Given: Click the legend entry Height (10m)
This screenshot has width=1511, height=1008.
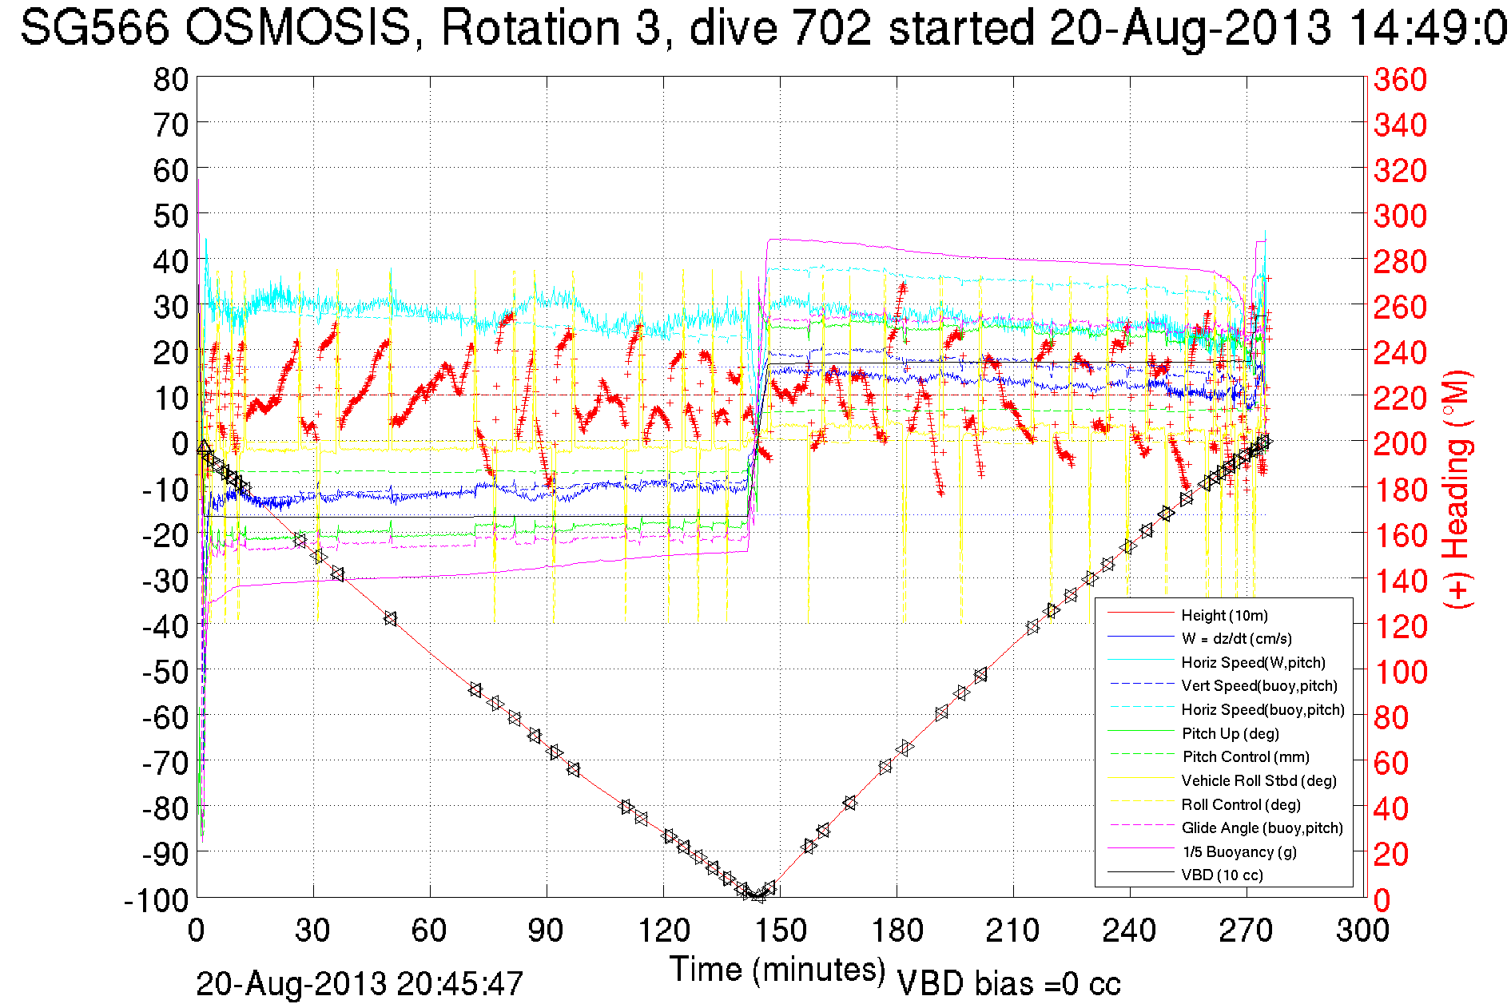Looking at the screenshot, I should pos(1224,615).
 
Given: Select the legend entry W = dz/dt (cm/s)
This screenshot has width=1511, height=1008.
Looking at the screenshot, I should pos(1236,638).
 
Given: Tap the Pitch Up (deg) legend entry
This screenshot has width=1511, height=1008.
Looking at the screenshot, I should pos(1230,733).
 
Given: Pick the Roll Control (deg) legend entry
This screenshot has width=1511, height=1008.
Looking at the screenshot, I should pos(1241,804).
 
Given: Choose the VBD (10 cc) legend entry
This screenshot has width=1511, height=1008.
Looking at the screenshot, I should pos(1222,875).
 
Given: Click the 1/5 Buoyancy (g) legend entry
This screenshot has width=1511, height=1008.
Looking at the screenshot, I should pos(1239,851).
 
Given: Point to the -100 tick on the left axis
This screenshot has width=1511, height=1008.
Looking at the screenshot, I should pos(156,900).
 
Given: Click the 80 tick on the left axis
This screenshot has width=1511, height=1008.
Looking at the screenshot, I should pos(170,79).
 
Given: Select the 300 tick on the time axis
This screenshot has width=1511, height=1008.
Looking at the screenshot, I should pos(1362,931).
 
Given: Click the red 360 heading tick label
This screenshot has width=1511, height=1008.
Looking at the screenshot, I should pos(1400,79).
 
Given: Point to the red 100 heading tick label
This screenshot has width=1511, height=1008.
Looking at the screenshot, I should pos(1400,672).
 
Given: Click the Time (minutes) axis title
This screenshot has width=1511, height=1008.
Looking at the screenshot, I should pos(777,970).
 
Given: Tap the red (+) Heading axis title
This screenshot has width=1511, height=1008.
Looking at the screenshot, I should pos(1457,489).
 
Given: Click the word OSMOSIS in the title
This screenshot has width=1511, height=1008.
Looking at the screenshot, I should pos(297,28).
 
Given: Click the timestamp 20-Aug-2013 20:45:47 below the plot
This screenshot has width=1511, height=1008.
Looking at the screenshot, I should pos(359,984).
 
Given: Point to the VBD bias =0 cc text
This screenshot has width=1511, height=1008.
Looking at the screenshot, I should pos(1008,984).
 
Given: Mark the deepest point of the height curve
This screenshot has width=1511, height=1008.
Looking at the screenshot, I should pos(758,896).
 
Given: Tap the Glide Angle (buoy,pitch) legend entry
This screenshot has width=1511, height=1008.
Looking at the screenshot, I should pos(1262,827).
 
